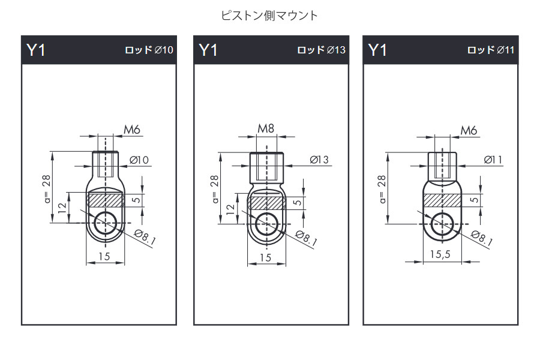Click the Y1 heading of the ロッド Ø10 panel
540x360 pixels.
36,50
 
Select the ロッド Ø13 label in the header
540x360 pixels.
322,50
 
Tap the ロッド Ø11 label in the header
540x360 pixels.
491,50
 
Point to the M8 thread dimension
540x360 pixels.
266,128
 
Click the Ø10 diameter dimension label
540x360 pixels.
139,160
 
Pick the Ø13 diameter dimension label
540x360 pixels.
319,160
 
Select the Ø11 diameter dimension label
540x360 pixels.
492,160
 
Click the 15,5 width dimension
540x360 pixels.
440,254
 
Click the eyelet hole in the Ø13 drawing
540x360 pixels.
266,224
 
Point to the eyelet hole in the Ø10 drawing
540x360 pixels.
106,222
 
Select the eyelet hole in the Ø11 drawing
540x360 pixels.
443,223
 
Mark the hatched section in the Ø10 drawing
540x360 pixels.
106,199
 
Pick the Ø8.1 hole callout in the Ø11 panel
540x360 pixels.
483,238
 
